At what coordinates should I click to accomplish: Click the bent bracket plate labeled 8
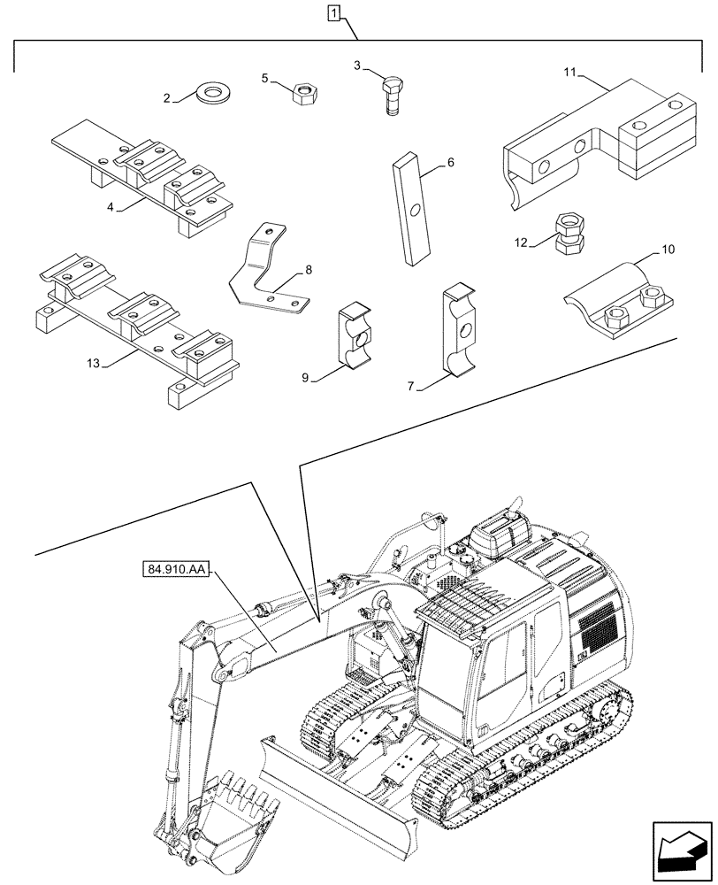265,270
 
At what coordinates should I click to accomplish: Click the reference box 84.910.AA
173,570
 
